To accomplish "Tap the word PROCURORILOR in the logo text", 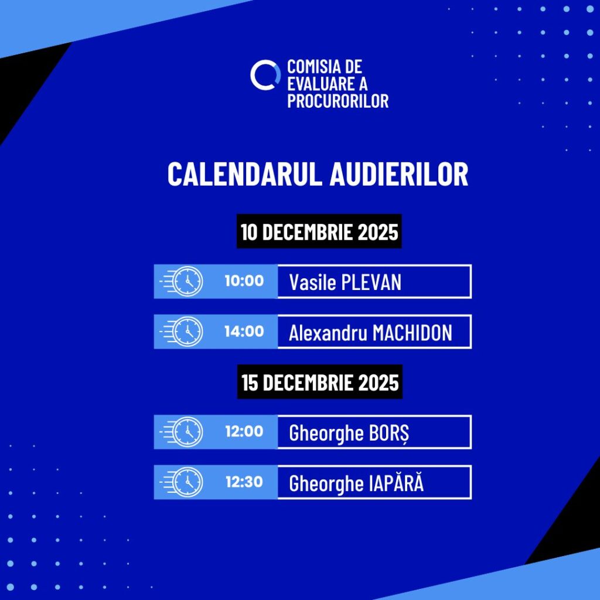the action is click(338, 101).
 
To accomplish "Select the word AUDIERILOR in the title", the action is click(398, 174).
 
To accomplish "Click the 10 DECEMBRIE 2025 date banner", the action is click(319, 231).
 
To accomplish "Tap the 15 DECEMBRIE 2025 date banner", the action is click(320, 382).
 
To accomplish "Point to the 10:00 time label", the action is click(244, 281).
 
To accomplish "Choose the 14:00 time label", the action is click(244, 332).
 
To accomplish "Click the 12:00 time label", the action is click(244, 432).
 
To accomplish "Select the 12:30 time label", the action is click(244, 482).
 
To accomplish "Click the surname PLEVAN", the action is click(371, 282).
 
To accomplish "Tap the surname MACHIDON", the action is click(412, 333).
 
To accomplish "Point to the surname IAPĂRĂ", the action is click(397, 483).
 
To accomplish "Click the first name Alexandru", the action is click(328, 333).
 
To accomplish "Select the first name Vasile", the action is click(312, 282).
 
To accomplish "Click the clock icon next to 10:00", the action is click(187, 281).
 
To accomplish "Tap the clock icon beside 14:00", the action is click(187, 332).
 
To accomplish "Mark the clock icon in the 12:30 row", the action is click(187, 482).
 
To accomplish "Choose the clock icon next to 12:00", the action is click(187, 432).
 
